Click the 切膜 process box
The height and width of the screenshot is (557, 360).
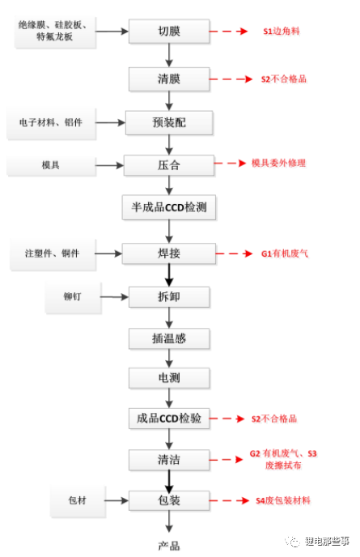[x=169, y=32]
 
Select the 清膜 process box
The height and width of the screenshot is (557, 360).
[x=169, y=79]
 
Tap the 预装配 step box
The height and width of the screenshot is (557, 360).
[x=169, y=122]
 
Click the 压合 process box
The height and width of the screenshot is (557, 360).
[x=169, y=165]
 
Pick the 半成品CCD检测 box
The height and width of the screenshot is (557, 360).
[x=169, y=207]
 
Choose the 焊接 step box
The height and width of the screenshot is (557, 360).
[x=169, y=253]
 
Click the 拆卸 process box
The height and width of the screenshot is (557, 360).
[x=169, y=296]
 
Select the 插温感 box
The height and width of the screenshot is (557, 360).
[x=169, y=338]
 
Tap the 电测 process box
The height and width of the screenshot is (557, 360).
[x=169, y=377]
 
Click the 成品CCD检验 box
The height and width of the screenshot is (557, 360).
[x=169, y=418]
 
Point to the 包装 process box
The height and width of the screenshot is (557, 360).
[x=169, y=500]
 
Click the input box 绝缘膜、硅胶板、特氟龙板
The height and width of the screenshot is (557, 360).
[x=55, y=32]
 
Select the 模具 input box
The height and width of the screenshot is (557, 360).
[x=51, y=165]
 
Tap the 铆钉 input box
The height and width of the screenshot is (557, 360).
[x=73, y=297]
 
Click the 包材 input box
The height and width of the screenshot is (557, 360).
[x=78, y=500]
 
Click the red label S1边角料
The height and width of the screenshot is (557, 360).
[x=282, y=32]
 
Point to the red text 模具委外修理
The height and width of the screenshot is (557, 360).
[x=279, y=163]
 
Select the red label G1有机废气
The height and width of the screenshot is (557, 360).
[x=285, y=253]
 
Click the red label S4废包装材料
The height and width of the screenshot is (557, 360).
[x=283, y=500]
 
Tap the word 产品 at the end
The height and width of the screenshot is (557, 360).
[x=169, y=546]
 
